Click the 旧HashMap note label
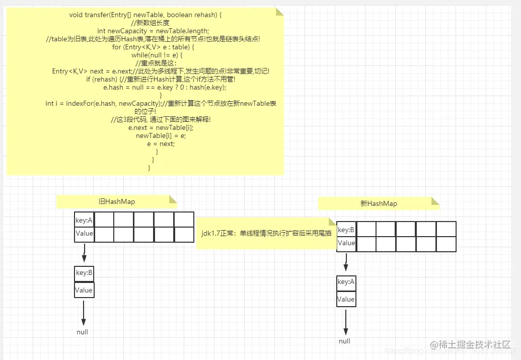click(x=116, y=201)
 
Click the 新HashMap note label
click(x=379, y=203)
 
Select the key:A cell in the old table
click(x=84, y=220)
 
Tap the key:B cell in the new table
click(x=346, y=230)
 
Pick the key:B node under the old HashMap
click(x=84, y=273)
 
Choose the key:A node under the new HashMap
click(x=346, y=282)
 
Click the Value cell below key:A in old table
click(x=84, y=234)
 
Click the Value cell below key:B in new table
click(x=346, y=243)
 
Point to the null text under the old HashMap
click(x=82, y=332)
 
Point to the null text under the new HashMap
click(x=344, y=341)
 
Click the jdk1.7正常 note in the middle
click(x=266, y=233)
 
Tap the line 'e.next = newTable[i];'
click(x=161, y=127)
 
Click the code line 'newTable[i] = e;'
click(x=161, y=135)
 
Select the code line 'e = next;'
click(x=161, y=143)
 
